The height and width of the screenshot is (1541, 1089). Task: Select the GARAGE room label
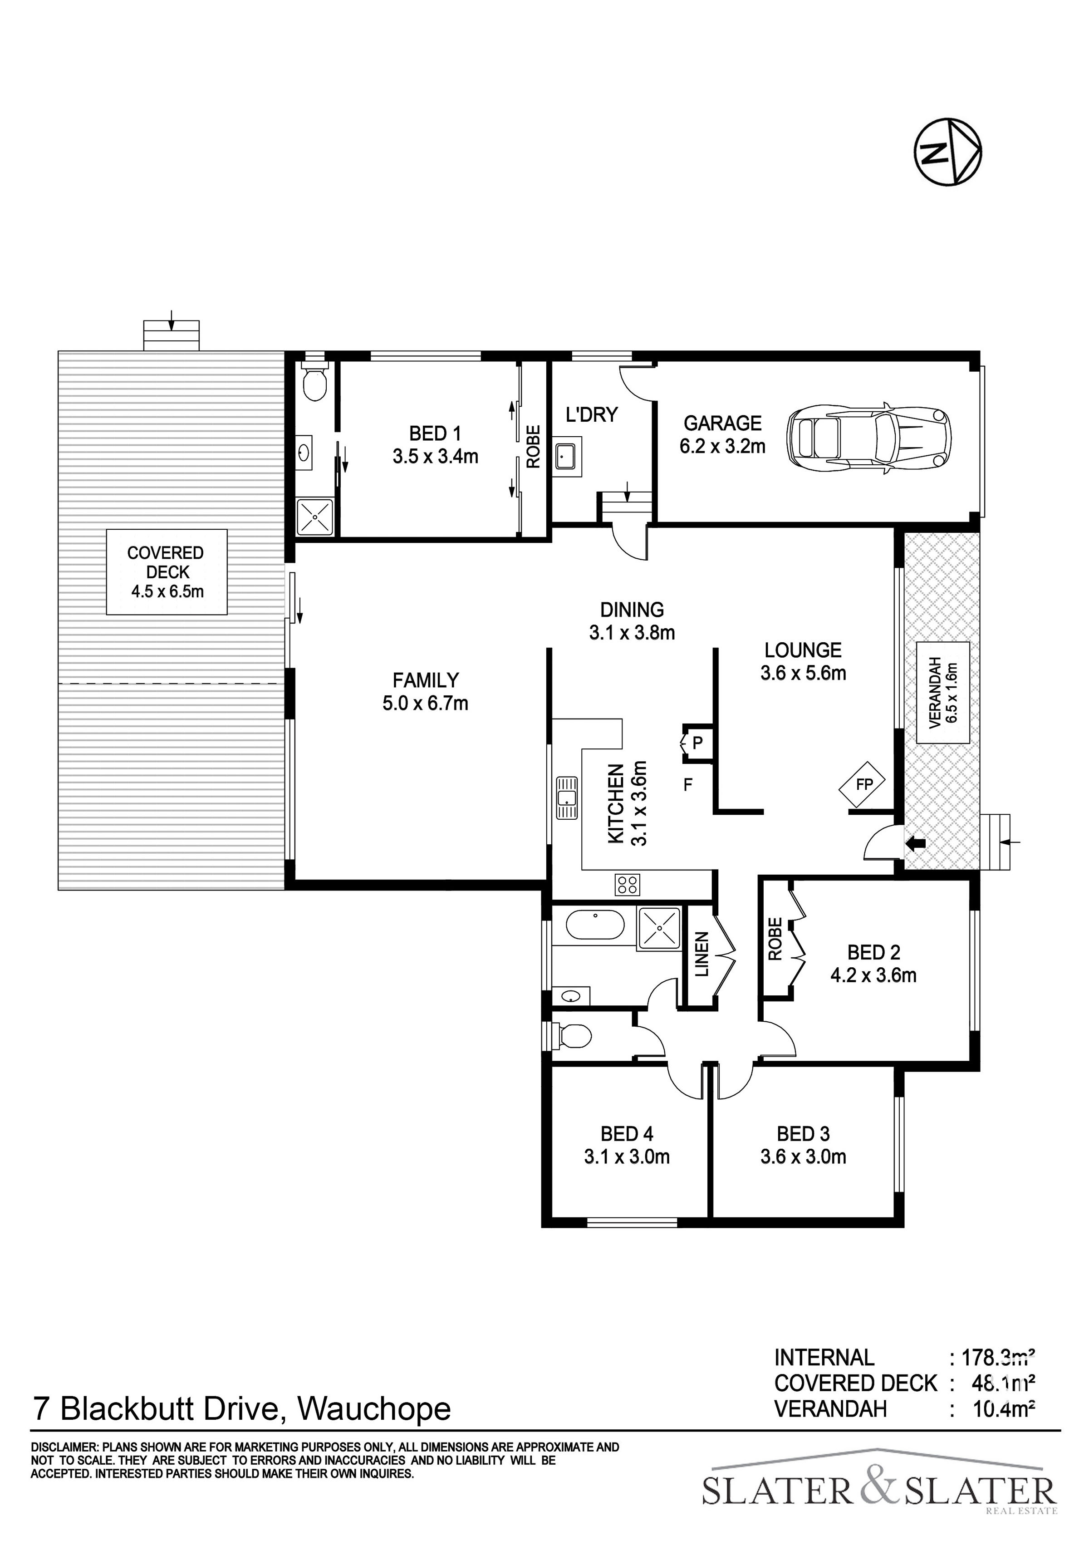click(x=723, y=423)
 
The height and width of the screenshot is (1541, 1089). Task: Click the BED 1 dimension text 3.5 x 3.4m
click(x=436, y=457)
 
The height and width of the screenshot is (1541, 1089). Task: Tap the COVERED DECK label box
click(x=167, y=572)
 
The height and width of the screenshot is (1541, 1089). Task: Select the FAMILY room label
click(x=426, y=680)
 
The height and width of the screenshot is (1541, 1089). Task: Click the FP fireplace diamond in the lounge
click(x=862, y=784)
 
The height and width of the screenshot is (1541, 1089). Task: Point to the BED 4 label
click(x=627, y=1134)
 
